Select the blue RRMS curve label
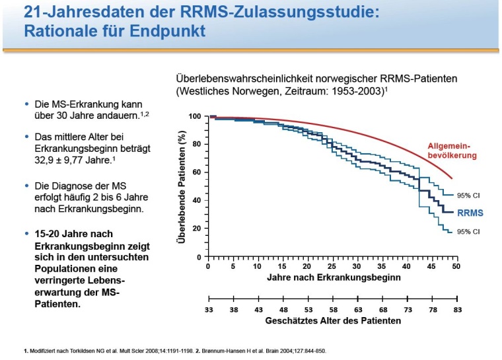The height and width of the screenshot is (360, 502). [x=470, y=213]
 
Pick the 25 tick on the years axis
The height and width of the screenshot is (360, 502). [x=332, y=267]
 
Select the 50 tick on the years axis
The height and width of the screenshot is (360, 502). [x=456, y=267]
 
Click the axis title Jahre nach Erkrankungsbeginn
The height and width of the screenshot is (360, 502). [x=333, y=278]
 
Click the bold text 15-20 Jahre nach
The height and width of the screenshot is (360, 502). [x=73, y=234]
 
